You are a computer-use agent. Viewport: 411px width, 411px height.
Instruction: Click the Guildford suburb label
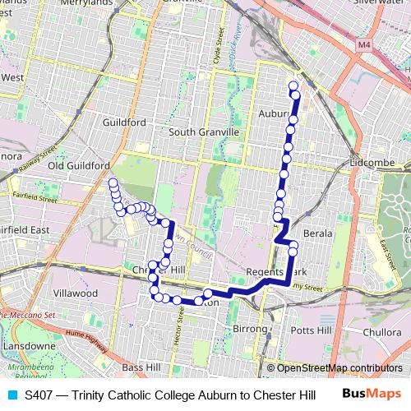pyautogui.click(x=125, y=122)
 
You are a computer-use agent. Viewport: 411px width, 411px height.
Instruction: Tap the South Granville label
pyautogui.click(x=203, y=132)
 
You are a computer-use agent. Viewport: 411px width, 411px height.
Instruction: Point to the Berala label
pyautogui.click(x=318, y=234)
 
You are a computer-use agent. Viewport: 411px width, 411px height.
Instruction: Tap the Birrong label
pyautogui.click(x=251, y=328)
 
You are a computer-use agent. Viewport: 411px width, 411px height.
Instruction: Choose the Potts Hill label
pyautogui.click(x=311, y=330)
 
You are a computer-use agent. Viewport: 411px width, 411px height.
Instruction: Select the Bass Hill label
pyautogui.click(x=143, y=367)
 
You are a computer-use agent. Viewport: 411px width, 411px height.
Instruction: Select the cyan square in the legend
pyautogui.click(x=12, y=395)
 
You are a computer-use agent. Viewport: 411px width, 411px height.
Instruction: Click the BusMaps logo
pyautogui.click(x=372, y=395)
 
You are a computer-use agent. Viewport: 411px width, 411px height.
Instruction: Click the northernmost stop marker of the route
pyautogui.click(x=293, y=85)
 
